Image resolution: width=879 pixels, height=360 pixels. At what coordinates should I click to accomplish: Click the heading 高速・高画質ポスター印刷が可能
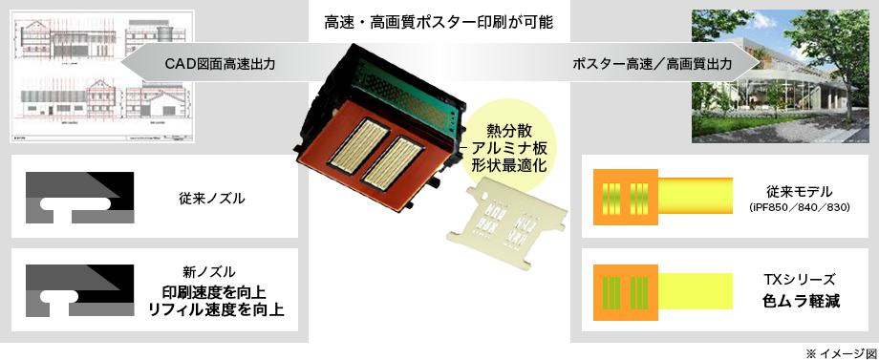coord(439,20)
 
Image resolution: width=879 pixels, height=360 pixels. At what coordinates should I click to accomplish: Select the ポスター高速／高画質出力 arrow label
coord(653,65)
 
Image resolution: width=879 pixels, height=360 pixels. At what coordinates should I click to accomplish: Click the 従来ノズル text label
coord(212,199)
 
